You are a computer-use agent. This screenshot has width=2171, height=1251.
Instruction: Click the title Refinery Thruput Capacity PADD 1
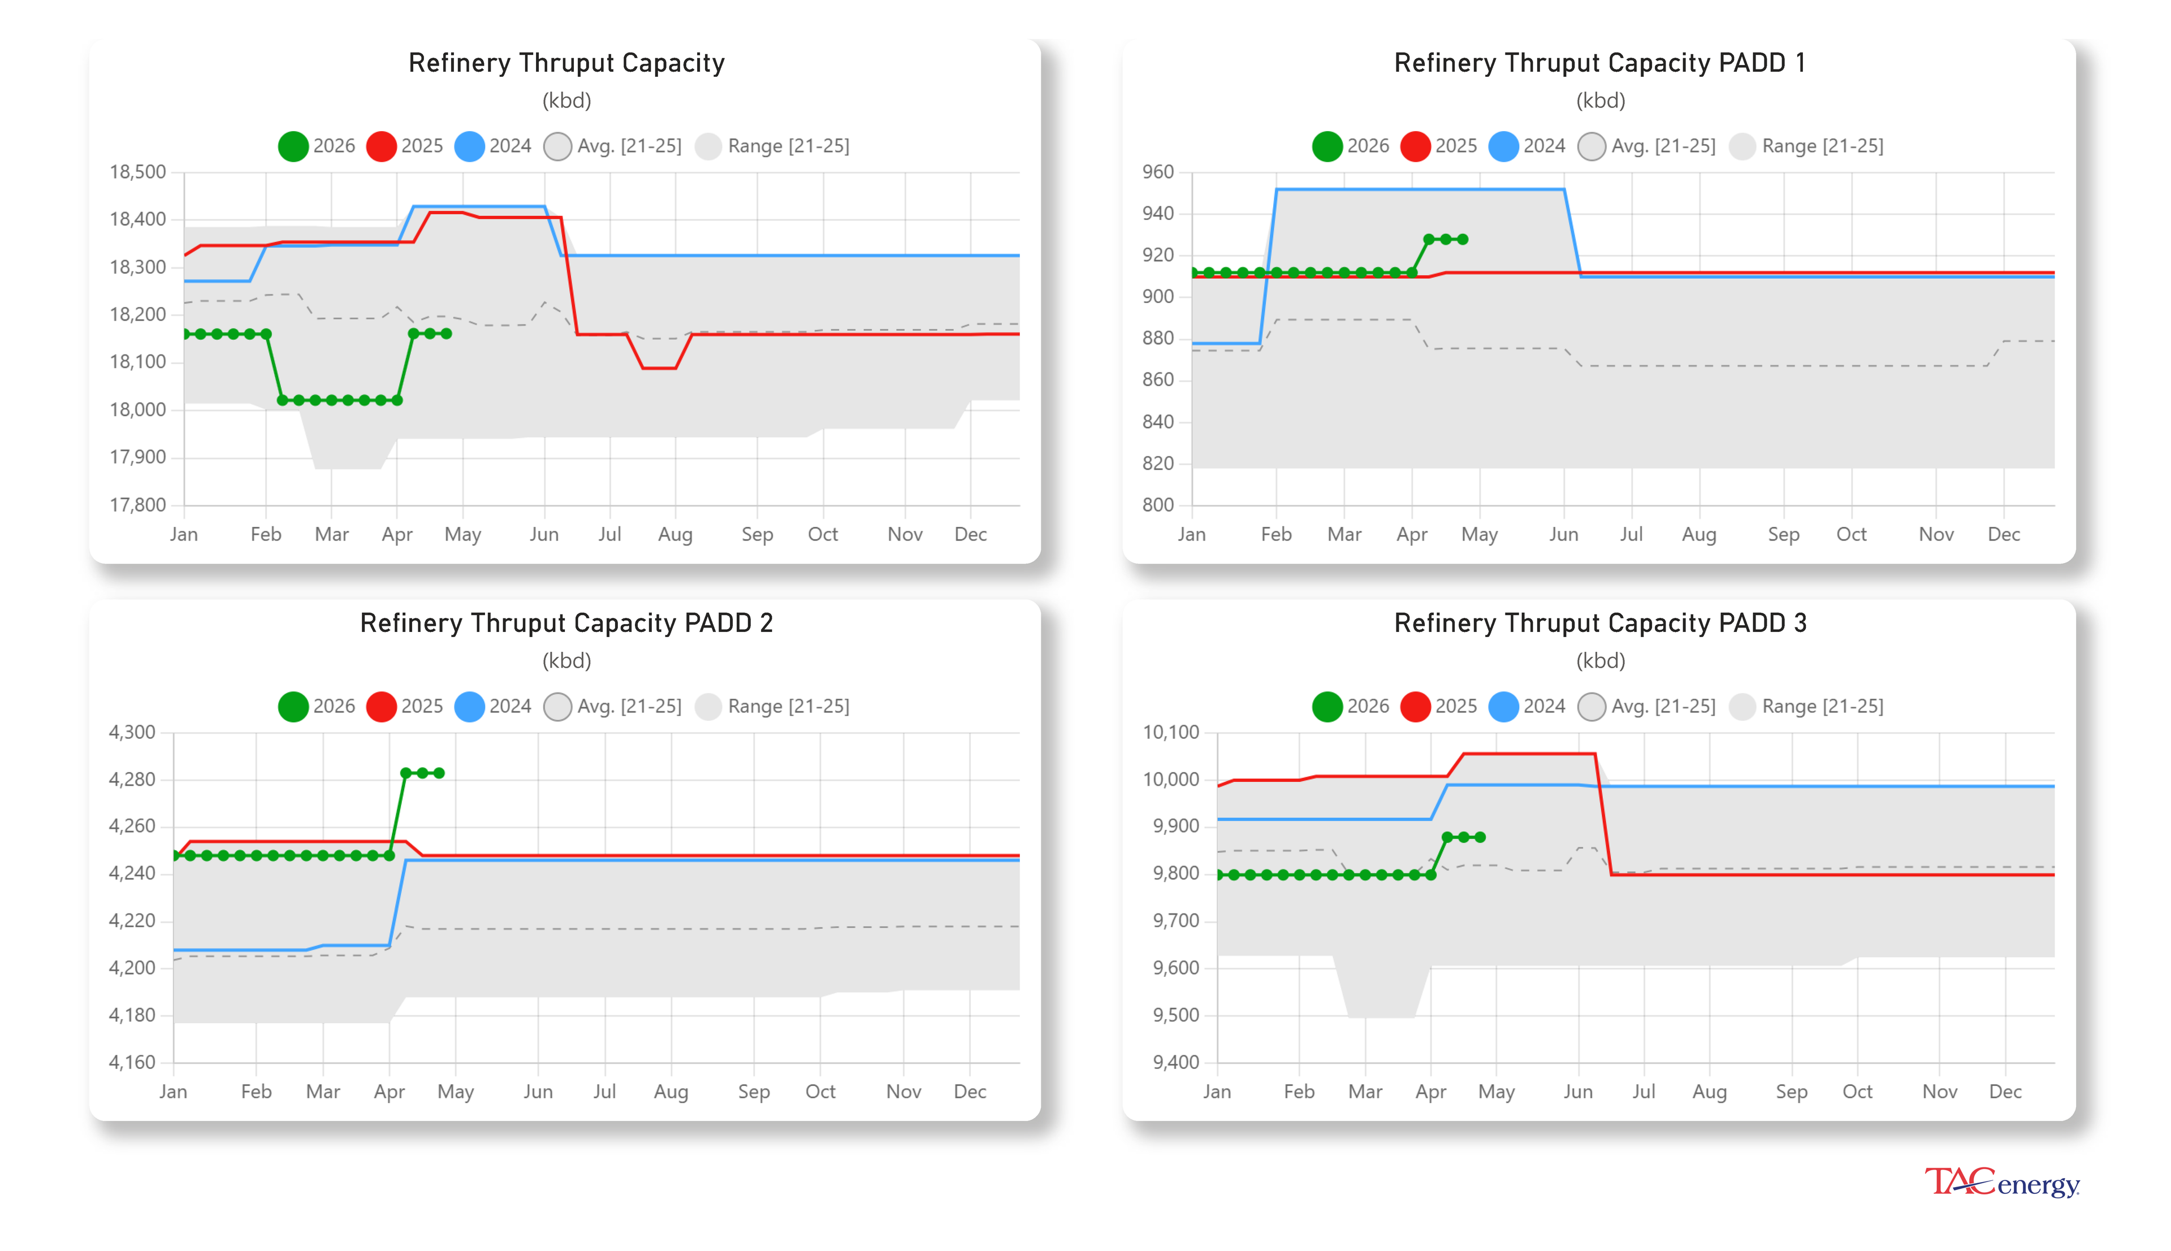tap(1599, 63)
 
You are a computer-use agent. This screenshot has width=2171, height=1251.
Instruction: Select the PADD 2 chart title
tap(566, 623)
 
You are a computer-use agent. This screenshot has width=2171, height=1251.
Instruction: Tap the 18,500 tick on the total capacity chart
tap(137, 172)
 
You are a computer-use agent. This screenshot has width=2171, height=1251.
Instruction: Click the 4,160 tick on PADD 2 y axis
tap(131, 1062)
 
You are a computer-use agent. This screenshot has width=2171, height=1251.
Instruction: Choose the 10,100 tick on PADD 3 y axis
tap(1170, 732)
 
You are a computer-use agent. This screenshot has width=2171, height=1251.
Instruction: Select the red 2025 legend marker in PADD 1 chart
tap(1415, 146)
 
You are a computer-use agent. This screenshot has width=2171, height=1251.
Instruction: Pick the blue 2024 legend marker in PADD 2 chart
tap(469, 706)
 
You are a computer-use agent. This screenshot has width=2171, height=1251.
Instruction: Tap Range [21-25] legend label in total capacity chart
tap(788, 146)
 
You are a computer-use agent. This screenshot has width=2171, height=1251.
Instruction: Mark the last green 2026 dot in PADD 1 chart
tap(1463, 240)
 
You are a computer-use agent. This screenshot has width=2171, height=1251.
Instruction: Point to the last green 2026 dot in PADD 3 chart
tap(1480, 837)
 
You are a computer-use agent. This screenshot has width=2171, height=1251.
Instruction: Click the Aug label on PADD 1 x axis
tap(1698, 534)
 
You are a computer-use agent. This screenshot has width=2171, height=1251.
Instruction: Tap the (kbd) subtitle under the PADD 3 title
tap(1599, 661)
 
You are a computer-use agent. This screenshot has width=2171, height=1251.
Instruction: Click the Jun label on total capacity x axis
tap(544, 534)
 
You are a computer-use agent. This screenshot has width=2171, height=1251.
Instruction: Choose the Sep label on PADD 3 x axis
tap(1791, 1091)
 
